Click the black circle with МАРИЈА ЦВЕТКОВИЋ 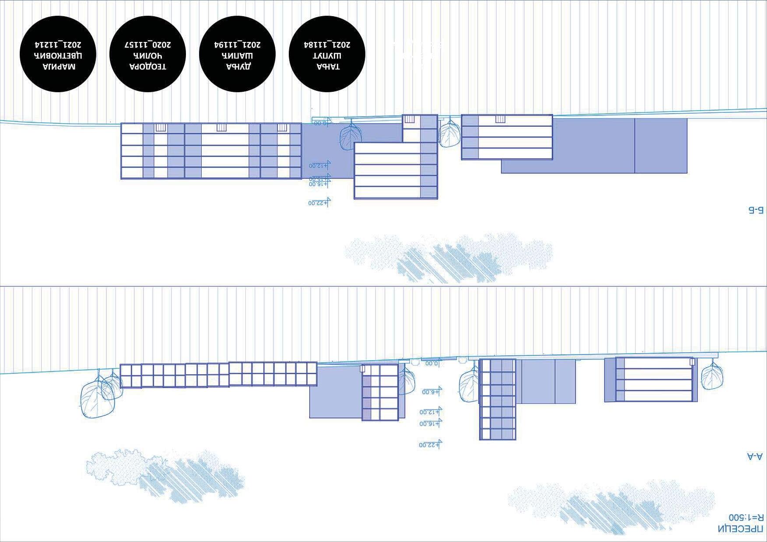pos(58,54)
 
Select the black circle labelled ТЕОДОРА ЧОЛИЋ pos(148,54)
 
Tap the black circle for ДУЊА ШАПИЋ pos(238,54)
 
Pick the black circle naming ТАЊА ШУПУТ pos(327,54)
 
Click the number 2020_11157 pos(148,44)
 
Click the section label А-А pos(755,456)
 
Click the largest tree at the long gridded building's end pos(97,399)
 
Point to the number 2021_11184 pos(327,44)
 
